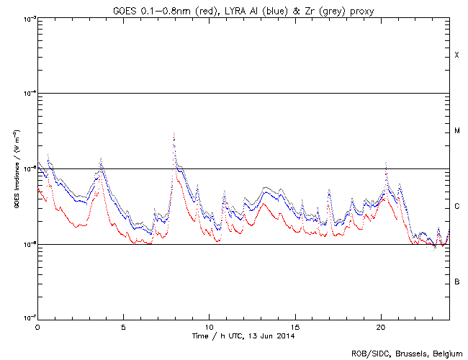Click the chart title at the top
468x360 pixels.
(243, 9)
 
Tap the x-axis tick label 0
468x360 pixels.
(37, 326)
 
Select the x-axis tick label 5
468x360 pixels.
(123, 326)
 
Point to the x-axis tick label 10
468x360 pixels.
(209, 326)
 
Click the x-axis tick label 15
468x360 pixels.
(295, 326)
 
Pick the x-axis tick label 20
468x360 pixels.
(381, 326)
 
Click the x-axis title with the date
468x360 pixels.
(243, 336)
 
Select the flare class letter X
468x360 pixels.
(456, 55)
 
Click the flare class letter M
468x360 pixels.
(456, 131)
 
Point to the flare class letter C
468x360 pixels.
(456, 207)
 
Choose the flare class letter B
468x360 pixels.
(456, 282)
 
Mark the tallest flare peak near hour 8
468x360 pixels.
(174, 135)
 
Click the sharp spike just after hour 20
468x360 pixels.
(387, 164)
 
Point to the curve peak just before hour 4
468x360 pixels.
(101, 159)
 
